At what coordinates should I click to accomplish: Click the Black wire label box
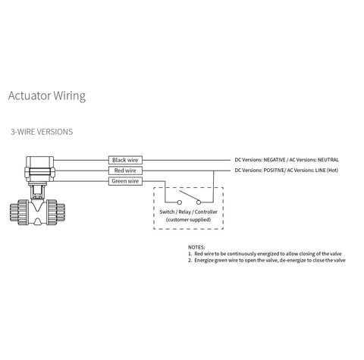pos(125,160)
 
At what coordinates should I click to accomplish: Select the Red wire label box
pos(125,171)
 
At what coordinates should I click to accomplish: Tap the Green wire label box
pos(125,181)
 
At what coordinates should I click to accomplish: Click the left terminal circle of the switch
pos(180,202)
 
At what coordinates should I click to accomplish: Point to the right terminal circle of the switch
pos(199,202)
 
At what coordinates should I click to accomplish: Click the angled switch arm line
pos(190,196)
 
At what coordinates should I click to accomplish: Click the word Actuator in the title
pos(30,95)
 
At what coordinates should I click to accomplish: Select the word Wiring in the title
pos(70,96)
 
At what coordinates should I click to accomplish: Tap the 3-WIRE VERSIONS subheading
pos(42,132)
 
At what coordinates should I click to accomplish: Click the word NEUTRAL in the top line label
pos(328,160)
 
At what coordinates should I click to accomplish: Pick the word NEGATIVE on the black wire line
pos(275,160)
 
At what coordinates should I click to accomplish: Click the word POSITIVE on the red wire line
pos(274,171)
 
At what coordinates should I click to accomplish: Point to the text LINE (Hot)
pos(326,171)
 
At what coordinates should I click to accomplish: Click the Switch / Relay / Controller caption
pos(188,212)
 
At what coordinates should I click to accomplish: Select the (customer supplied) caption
pos(188,220)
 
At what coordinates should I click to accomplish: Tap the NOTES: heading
pos(196,247)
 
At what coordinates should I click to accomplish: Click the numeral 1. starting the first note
pos(190,254)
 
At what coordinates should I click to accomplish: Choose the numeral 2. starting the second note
pos(190,261)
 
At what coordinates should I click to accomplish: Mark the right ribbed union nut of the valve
pos(55,211)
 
